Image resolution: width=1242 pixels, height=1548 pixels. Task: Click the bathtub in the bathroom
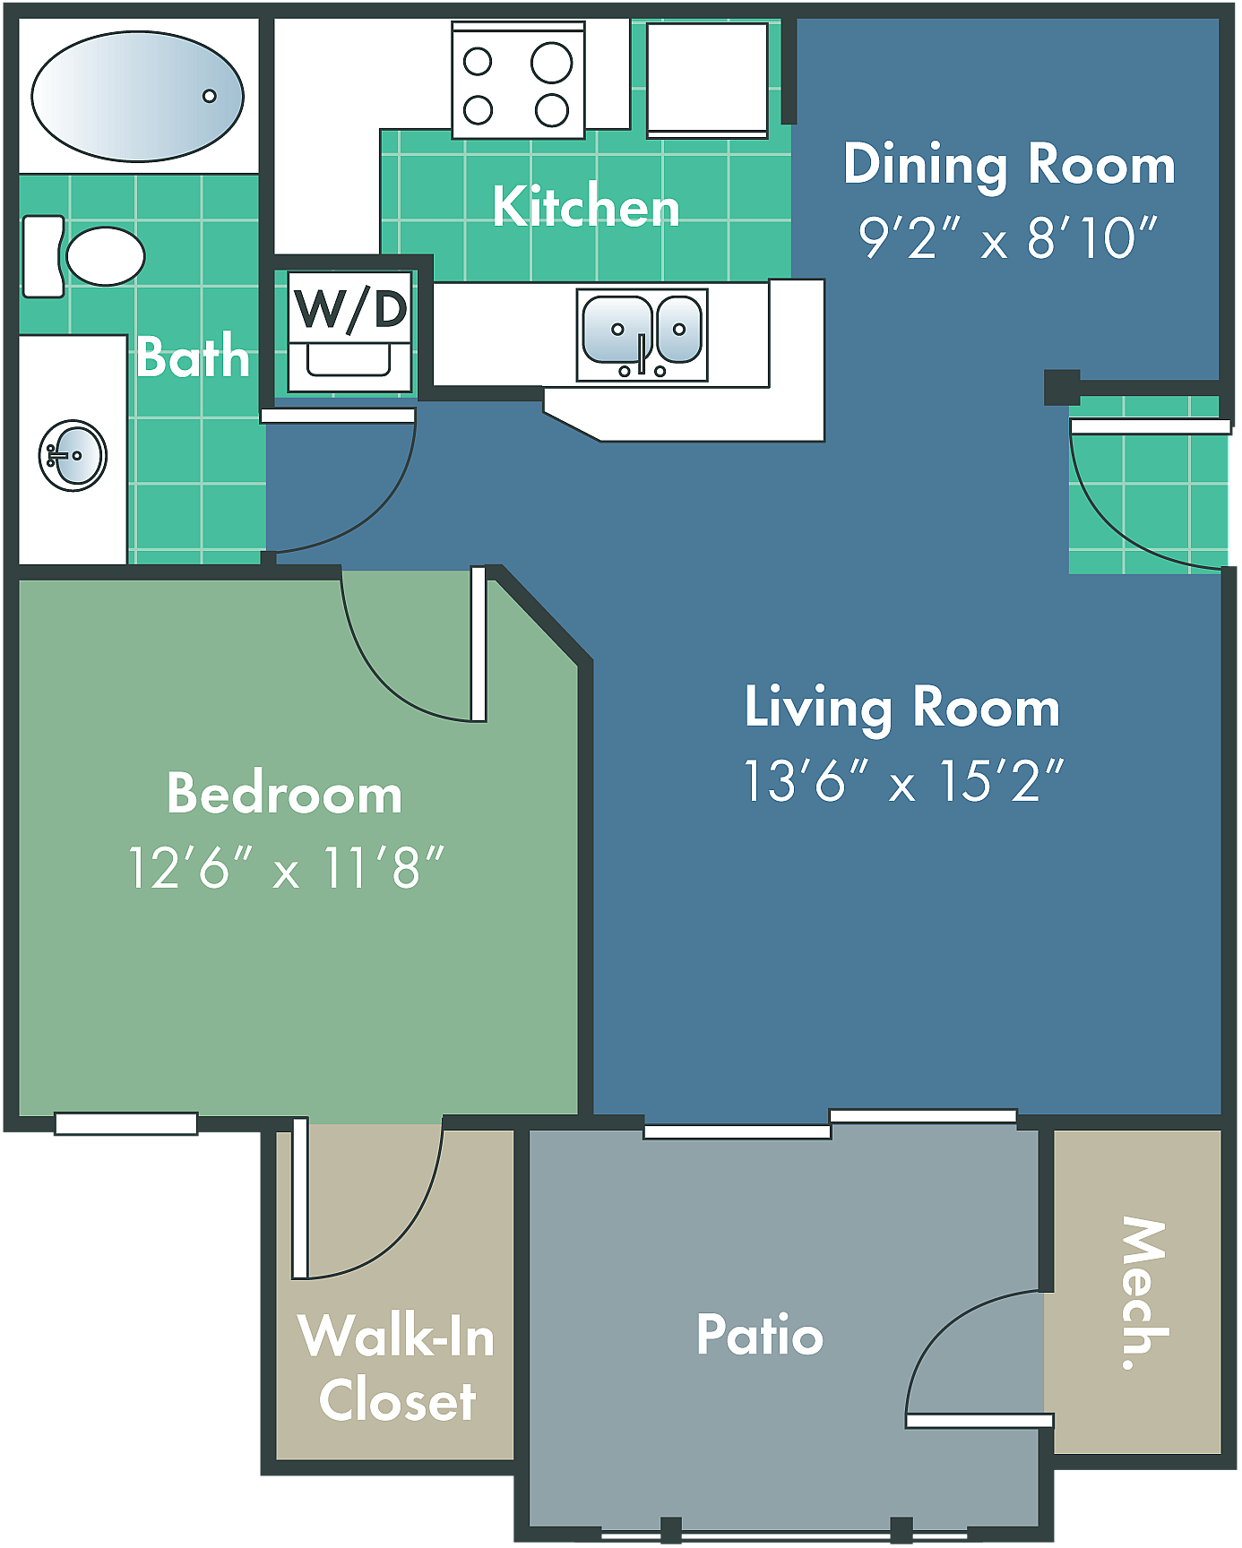137,96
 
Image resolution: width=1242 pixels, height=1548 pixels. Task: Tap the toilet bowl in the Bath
105,256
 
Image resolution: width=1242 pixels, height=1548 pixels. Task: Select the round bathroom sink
73,455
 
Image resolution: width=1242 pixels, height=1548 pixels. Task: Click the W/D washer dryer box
350,331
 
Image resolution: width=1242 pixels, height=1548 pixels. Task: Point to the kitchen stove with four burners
518,82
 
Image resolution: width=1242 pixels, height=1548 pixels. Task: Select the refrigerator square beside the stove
707,79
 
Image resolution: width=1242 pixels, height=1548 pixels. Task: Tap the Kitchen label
586,207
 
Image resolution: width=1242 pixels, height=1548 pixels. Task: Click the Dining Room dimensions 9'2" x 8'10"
1008,238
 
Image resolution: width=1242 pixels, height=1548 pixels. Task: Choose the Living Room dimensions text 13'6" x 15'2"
903,780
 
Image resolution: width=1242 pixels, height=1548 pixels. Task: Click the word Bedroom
284,794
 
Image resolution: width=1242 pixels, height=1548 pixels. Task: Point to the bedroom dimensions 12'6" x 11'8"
286,868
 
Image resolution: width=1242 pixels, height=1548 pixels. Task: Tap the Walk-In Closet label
396,1367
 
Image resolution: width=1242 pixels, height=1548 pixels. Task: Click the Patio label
760,1335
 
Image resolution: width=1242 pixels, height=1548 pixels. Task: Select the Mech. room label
1143,1292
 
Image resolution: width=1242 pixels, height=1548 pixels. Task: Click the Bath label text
193,357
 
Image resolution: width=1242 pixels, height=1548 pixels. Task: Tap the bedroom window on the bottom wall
125,1123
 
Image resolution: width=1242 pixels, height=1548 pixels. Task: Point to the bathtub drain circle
210,96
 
